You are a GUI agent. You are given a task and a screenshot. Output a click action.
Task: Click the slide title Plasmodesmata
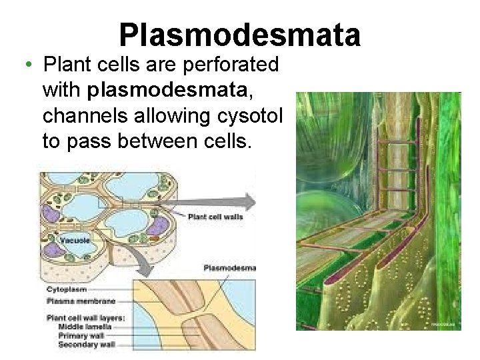240,35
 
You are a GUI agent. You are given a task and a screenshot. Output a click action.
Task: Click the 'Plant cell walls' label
215,217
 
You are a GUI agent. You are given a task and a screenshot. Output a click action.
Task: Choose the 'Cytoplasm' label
67,290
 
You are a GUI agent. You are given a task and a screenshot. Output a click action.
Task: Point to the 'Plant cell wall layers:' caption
85,319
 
